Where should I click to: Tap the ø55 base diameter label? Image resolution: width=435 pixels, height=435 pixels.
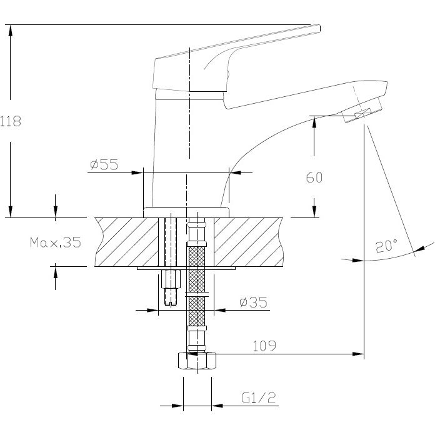click(x=104, y=164)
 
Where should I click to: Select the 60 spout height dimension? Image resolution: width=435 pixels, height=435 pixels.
click(x=314, y=177)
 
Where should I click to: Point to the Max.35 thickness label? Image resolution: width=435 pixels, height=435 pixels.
click(x=56, y=242)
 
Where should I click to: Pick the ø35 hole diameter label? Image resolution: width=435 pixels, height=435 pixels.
click(x=253, y=302)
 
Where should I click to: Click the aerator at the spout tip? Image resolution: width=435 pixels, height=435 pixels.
click(x=361, y=114)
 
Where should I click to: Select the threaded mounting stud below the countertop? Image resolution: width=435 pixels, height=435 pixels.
click(x=171, y=287)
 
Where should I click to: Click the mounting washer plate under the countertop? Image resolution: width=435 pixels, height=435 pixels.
click(x=186, y=269)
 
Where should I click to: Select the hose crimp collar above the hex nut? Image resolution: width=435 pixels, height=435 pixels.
click(x=197, y=341)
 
